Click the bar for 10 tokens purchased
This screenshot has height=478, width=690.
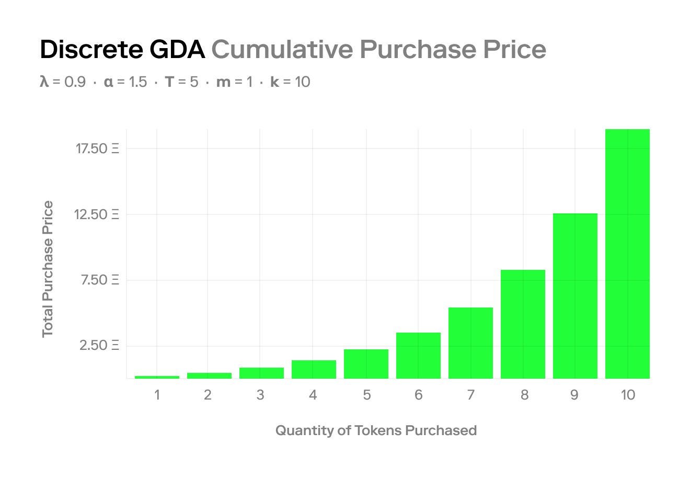click(627, 254)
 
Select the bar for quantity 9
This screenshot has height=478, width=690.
click(575, 296)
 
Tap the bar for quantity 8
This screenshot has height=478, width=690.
click(523, 324)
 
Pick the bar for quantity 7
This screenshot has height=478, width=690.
click(470, 343)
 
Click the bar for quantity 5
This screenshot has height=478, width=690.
click(366, 364)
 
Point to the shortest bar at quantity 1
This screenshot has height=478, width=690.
click(157, 377)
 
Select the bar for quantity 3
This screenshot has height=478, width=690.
click(261, 373)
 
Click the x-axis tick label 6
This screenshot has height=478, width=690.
click(418, 395)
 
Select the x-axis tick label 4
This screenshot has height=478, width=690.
click(313, 395)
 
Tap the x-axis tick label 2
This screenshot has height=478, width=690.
click(208, 395)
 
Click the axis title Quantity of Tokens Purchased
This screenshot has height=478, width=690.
click(376, 430)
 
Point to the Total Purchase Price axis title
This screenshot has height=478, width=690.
click(48, 269)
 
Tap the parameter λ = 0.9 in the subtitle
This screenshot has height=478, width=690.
click(63, 82)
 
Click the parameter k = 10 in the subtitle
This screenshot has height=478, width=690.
click(290, 82)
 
